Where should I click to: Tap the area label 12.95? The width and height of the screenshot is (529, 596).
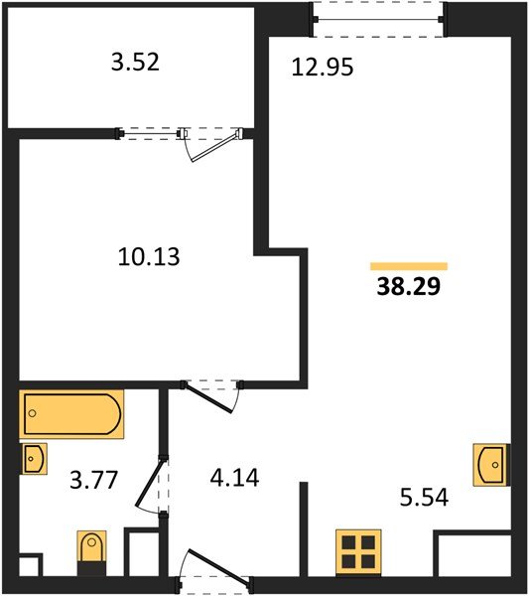(x=322, y=68)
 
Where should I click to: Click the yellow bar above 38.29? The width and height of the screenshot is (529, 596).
(x=409, y=266)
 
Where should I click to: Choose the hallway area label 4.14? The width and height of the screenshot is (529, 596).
(x=233, y=479)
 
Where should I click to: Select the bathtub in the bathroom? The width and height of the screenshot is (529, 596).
(x=71, y=415)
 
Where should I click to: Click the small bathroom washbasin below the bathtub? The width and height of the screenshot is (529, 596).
(x=33, y=459)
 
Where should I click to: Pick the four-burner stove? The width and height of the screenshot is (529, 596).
(x=358, y=552)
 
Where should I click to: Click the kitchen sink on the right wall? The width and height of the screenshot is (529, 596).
(x=491, y=465)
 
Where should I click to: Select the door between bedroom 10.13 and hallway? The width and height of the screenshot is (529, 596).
(x=212, y=390)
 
